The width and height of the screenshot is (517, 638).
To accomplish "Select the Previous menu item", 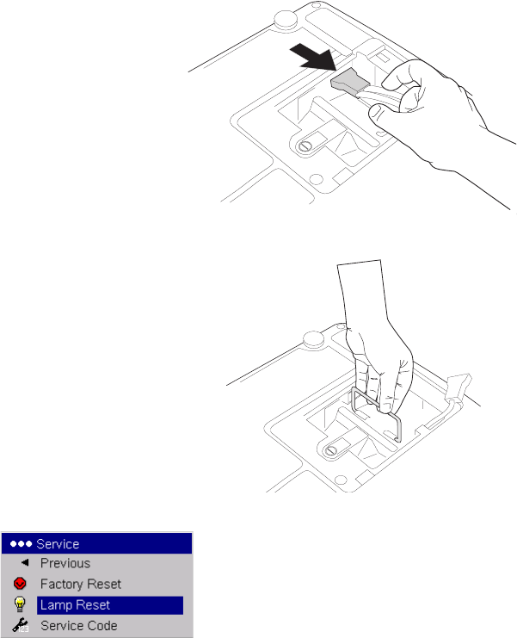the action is tap(65, 564).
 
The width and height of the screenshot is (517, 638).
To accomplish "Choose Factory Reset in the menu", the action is tap(81, 585).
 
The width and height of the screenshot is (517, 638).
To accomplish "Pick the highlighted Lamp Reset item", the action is tap(75, 605).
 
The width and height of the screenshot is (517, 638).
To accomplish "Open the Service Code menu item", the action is tap(79, 626).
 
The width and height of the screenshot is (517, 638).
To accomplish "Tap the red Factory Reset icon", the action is tap(21, 585).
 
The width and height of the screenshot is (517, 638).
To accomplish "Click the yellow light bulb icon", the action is tap(21, 605).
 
